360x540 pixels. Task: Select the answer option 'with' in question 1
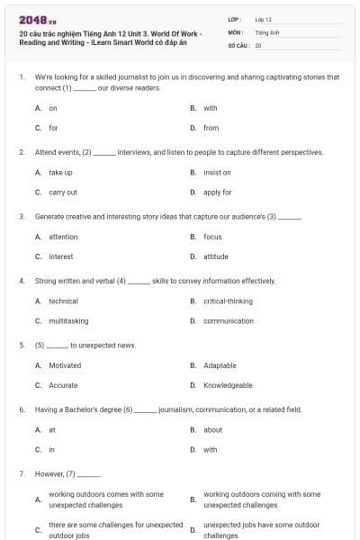tap(211, 108)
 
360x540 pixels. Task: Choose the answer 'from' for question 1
tap(211, 128)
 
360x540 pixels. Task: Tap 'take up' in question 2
tap(60, 172)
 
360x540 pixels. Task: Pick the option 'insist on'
tap(217, 172)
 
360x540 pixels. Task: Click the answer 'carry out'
tap(62, 192)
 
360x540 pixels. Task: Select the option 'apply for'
tap(217, 192)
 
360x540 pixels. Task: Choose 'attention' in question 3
tap(63, 237)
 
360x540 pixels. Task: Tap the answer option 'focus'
tap(212, 237)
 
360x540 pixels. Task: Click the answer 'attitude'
tap(215, 256)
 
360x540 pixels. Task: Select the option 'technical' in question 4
tap(63, 301)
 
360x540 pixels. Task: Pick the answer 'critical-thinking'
tap(228, 301)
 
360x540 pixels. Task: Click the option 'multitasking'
tap(68, 320)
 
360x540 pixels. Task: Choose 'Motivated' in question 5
tap(65, 365)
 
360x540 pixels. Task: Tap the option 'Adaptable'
tap(220, 365)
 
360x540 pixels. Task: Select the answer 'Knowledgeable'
tap(228, 385)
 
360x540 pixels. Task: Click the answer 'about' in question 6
tap(212, 429)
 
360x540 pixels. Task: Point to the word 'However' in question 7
tap(49, 473)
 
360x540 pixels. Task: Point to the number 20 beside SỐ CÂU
tap(258, 44)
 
